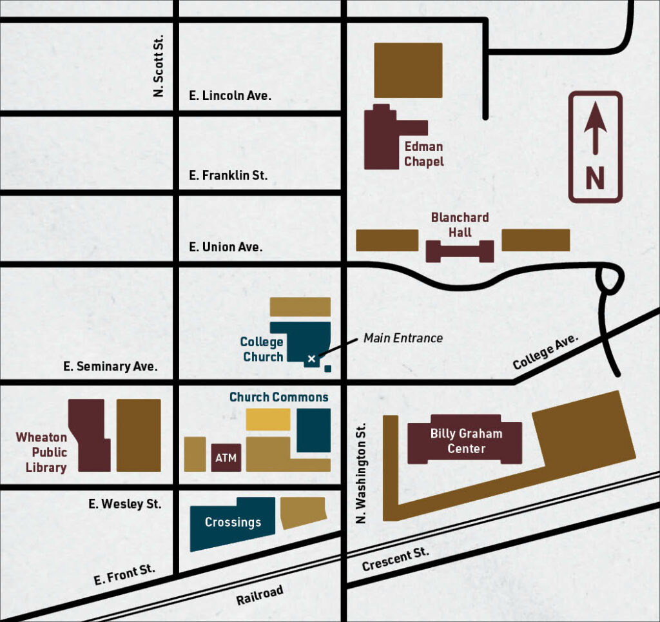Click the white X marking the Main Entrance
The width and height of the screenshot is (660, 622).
coord(312,358)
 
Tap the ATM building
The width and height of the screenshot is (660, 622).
coord(226,458)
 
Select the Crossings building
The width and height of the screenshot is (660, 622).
coord(232,522)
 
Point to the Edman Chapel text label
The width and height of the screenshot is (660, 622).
coord(423,154)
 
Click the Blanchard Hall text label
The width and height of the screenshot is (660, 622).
coord(460,225)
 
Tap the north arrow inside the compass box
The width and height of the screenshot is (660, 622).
coord(594,129)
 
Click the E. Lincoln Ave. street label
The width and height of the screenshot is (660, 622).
coord(230,95)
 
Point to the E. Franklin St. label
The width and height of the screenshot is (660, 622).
coord(228,175)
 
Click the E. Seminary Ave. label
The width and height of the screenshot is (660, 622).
coord(110,367)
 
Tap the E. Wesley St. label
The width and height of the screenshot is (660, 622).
coord(125,503)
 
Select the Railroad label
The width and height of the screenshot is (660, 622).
coord(259,596)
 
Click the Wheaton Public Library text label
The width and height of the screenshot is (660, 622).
coord(42,452)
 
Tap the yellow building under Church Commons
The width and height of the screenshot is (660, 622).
coord(268,420)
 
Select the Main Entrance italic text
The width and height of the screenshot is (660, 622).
coord(403,338)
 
